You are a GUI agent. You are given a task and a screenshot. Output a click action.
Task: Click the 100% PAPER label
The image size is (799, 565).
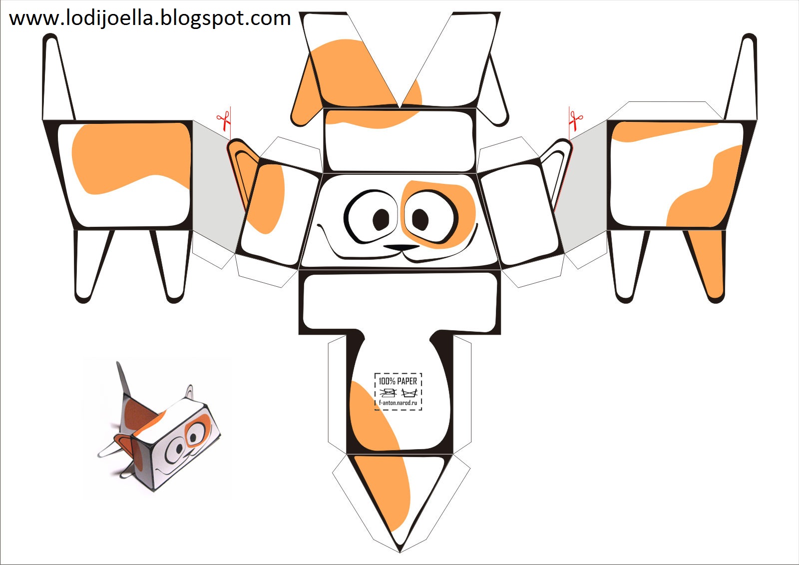(398, 381)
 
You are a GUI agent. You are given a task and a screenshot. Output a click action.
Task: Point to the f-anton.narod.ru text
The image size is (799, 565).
(398, 403)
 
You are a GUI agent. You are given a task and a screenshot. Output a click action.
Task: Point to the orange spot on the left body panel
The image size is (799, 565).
(130, 157)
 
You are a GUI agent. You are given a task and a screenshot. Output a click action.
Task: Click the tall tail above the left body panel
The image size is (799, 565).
(59, 77)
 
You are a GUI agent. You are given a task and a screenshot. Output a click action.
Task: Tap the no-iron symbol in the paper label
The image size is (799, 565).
(388, 393)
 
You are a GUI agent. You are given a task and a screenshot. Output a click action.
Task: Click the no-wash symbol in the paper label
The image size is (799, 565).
(409, 393)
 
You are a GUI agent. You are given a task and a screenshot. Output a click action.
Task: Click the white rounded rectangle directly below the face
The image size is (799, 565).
(399, 302)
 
